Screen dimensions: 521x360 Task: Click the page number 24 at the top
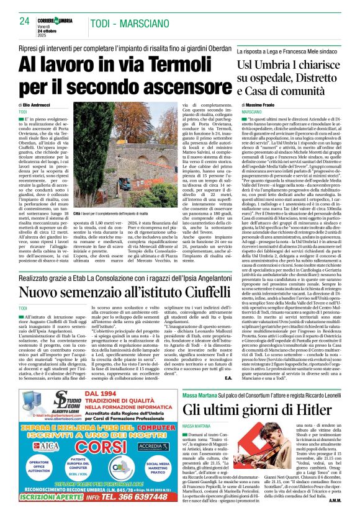pos(24,20)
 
